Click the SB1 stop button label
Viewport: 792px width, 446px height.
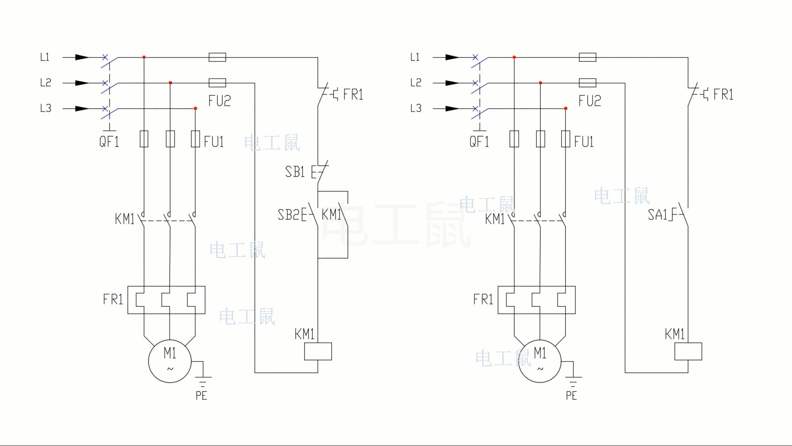(x=295, y=171)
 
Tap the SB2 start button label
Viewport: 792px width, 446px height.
(x=288, y=215)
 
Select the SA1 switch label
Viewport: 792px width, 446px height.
(x=657, y=215)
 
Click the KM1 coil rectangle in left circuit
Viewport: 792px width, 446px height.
(x=318, y=351)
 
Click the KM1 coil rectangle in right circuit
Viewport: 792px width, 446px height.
(x=688, y=351)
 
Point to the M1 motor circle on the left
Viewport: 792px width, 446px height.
(x=170, y=361)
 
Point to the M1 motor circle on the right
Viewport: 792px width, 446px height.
(x=540, y=361)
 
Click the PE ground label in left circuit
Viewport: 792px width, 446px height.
(x=201, y=396)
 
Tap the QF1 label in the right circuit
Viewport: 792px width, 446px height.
(x=479, y=142)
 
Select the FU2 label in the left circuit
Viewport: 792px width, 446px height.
(x=219, y=101)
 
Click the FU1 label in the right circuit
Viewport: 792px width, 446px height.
(x=584, y=142)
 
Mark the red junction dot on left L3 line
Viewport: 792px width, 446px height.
(x=195, y=109)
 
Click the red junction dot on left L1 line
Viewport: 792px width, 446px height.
(x=144, y=57)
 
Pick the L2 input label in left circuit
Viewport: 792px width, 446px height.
(x=45, y=83)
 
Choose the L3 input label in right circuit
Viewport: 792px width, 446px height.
(x=416, y=108)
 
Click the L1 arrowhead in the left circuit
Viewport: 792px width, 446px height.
(x=82, y=57)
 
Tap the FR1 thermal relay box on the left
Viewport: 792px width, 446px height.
(x=166, y=300)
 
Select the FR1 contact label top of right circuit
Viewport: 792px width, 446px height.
(x=723, y=95)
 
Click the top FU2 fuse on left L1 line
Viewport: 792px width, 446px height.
(x=217, y=57)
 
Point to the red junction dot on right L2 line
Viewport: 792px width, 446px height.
(x=540, y=83)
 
